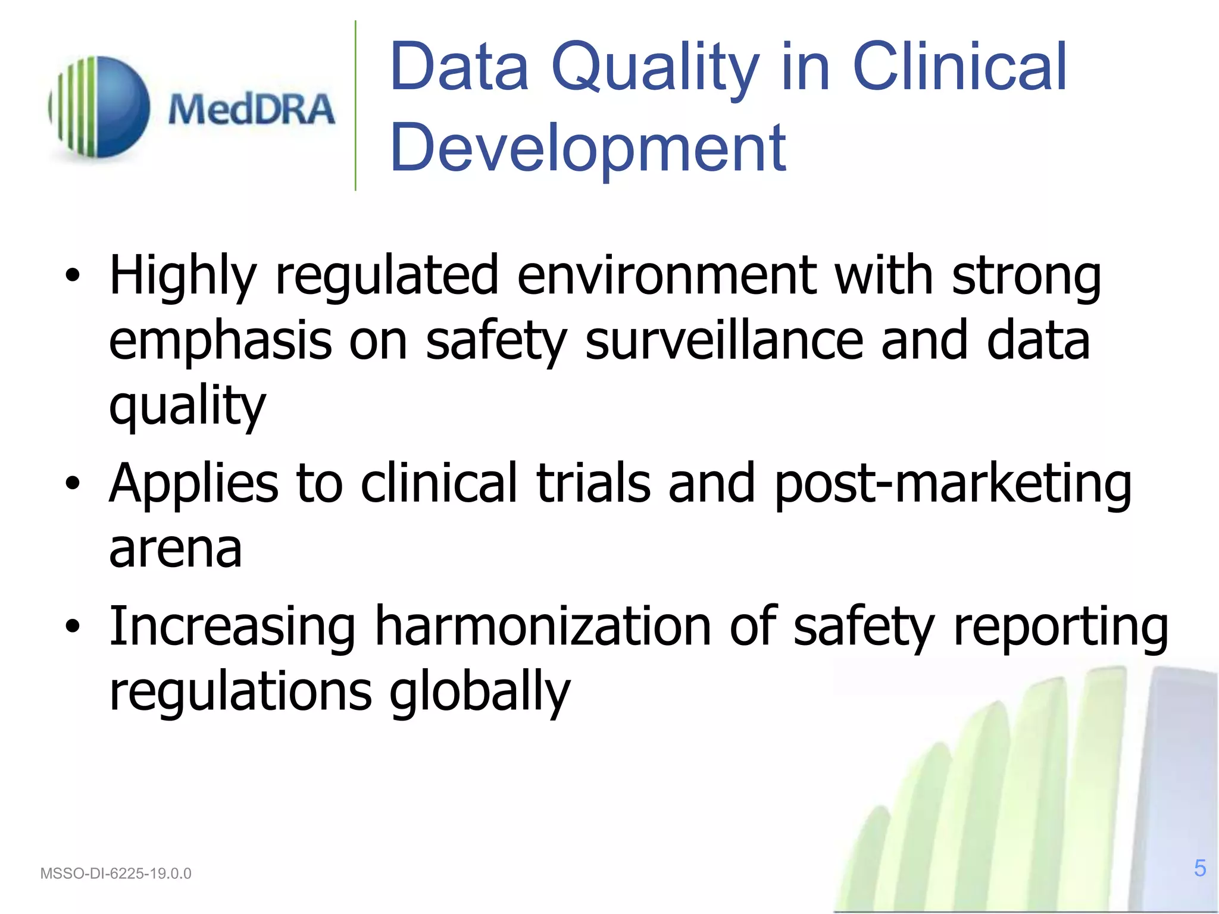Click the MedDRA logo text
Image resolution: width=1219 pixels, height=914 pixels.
pos(251,109)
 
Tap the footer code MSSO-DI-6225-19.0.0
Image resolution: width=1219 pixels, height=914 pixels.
pos(115,874)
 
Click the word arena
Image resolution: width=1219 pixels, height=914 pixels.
pos(176,549)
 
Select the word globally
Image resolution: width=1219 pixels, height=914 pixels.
pos(480,693)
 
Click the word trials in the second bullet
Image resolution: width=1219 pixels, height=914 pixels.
pos(593,483)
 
